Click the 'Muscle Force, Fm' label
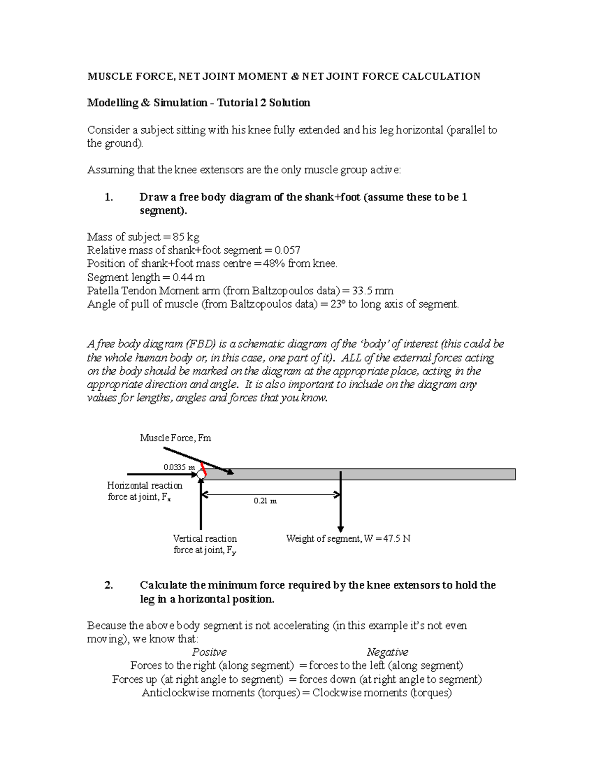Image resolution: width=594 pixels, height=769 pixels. click(x=175, y=438)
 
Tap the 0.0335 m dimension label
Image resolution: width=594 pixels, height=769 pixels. click(x=179, y=467)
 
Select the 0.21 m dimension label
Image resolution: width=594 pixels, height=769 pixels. click(x=265, y=501)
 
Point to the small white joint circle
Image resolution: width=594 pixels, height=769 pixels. click(x=200, y=474)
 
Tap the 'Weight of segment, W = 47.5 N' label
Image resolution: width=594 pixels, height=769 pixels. click(x=348, y=538)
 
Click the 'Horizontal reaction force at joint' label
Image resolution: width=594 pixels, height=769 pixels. click(x=145, y=491)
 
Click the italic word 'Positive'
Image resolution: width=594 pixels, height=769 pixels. click(x=209, y=652)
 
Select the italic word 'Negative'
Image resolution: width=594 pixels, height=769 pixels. click(x=387, y=652)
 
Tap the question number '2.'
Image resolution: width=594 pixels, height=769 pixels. click(x=109, y=585)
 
